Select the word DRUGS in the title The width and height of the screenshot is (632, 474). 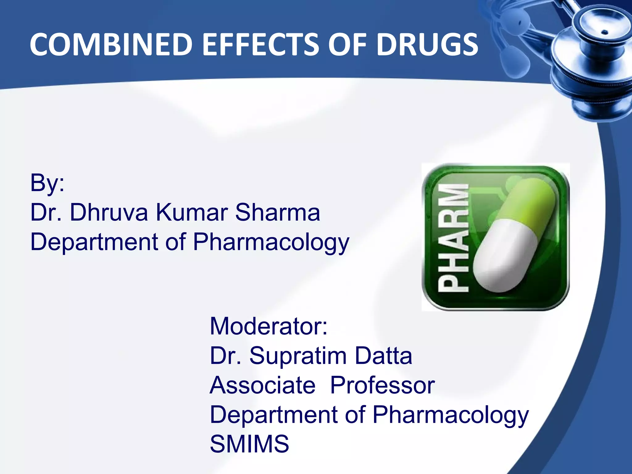[427, 45]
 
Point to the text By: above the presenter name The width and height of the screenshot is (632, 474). [47, 183]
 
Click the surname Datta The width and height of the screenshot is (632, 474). [383, 356]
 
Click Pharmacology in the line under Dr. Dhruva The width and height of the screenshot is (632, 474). [271, 242]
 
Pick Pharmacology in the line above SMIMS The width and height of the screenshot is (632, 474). [451, 415]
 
